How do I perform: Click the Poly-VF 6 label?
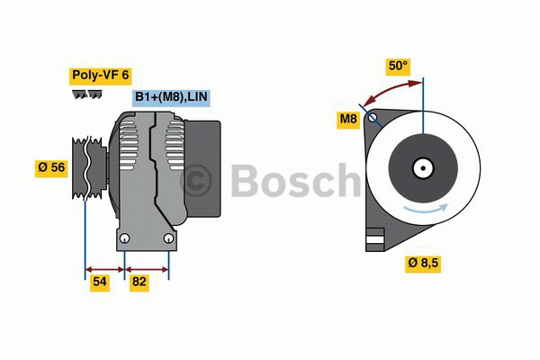[101, 76]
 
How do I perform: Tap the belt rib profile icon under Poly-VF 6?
[86, 94]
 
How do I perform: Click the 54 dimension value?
[101, 283]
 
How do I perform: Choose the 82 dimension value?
[139, 283]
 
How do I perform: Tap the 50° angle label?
[398, 66]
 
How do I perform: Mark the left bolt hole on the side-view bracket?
[126, 238]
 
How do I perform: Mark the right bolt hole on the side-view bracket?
[168, 238]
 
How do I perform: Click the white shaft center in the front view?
[422, 167]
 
